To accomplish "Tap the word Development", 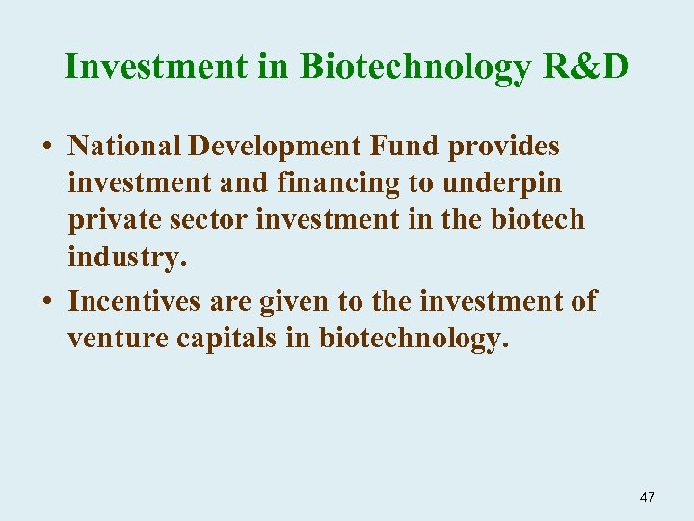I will click(x=276, y=147).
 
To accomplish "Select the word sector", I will click(x=203, y=220).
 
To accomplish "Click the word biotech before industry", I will click(x=537, y=220).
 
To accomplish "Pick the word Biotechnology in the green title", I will click(x=414, y=69).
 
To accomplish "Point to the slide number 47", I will click(x=647, y=497).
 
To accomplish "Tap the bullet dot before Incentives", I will click(x=46, y=303).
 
